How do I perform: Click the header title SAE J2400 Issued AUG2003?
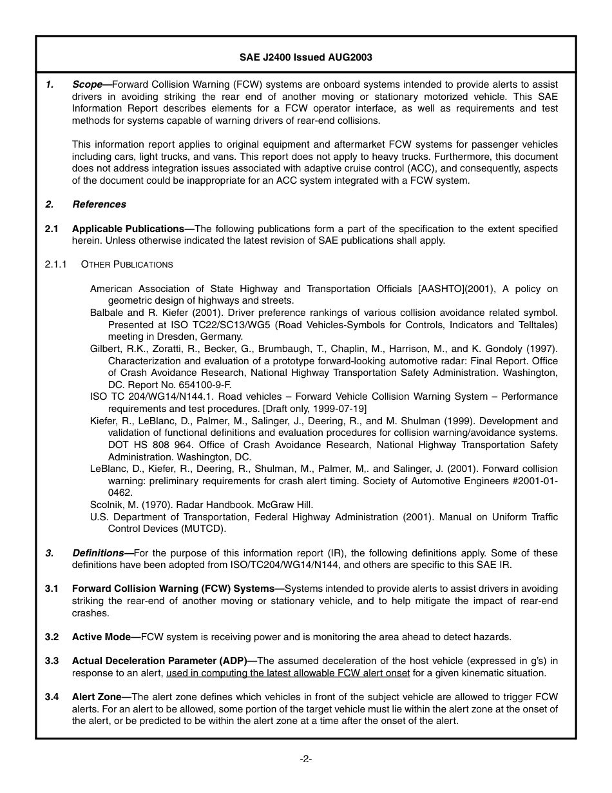click(x=305, y=57)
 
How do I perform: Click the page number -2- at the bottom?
click(x=306, y=759)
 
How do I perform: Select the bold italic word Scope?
click(x=88, y=84)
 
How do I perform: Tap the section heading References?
click(x=99, y=204)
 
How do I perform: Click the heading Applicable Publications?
click(x=128, y=229)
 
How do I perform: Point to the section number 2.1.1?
click(x=56, y=264)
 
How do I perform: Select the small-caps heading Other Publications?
click(x=127, y=264)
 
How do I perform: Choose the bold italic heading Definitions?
click(x=98, y=553)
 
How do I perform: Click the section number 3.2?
click(x=52, y=637)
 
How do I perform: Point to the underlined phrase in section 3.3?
click(x=288, y=673)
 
